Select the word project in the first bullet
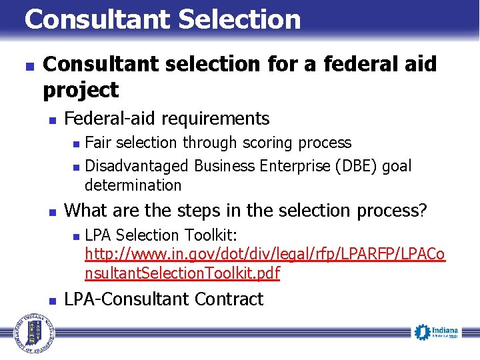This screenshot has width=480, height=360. [x=81, y=89]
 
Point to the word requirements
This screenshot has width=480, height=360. [x=216, y=119]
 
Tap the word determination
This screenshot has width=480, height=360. [x=133, y=185]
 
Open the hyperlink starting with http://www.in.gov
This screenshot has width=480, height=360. [x=265, y=255]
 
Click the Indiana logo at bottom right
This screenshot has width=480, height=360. [x=436, y=332]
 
